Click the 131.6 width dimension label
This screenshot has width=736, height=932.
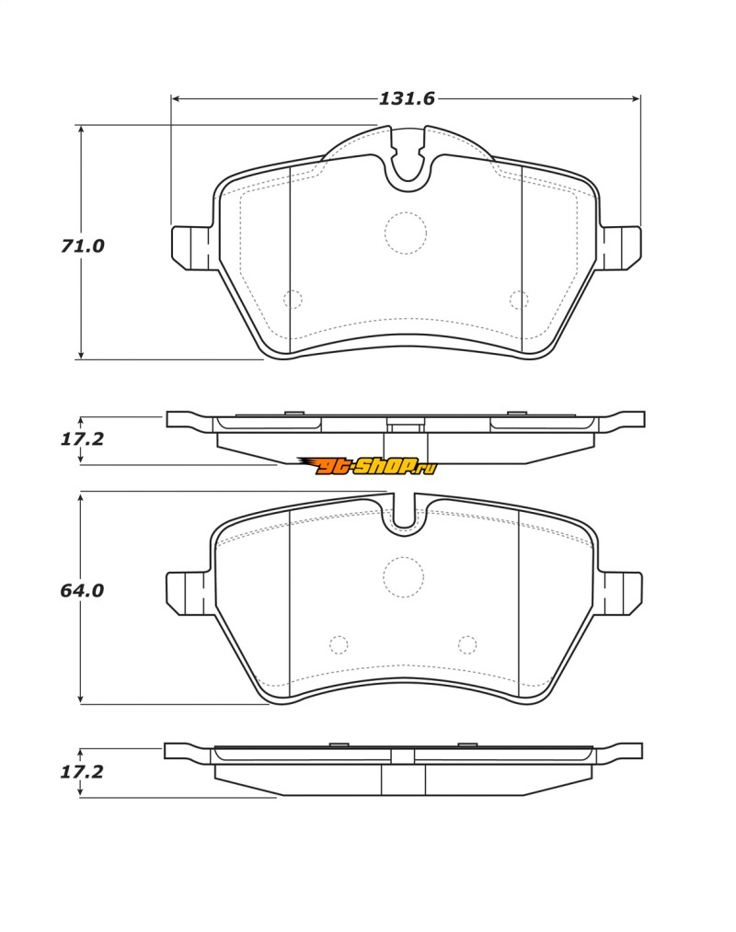click(x=407, y=98)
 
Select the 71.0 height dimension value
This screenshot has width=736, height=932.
click(x=82, y=245)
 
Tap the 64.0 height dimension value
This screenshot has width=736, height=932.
click(x=82, y=590)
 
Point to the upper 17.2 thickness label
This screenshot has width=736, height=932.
click(x=82, y=439)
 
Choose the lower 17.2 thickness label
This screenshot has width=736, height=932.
click(x=82, y=772)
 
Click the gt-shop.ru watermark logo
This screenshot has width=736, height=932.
click(x=368, y=467)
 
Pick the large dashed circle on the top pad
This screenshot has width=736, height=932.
click(x=406, y=233)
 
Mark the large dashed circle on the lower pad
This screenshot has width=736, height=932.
click(x=403, y=577)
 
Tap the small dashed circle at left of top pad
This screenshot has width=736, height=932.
click(x=293, y=299)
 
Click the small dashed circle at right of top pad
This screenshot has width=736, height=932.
click(x=519, y=300)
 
